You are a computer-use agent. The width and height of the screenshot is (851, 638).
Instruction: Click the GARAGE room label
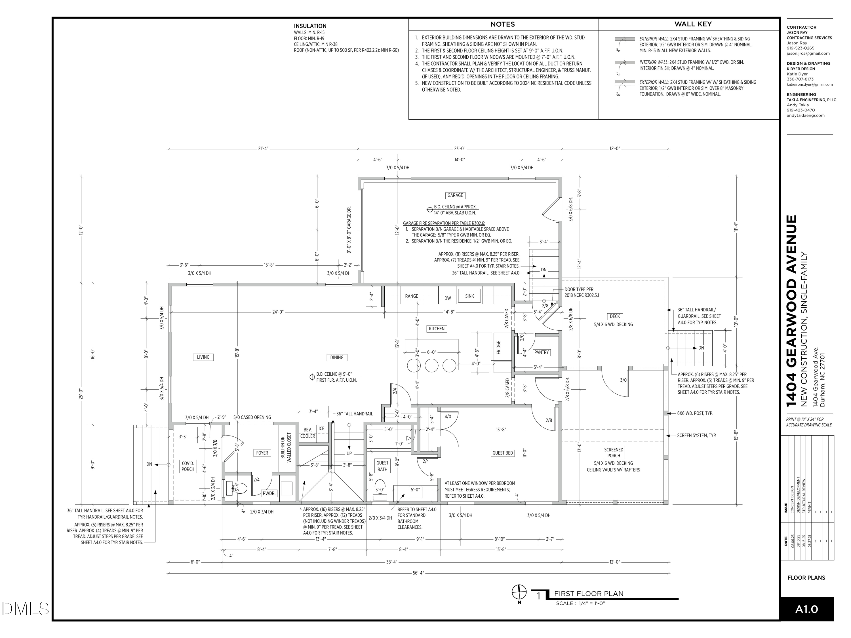455,195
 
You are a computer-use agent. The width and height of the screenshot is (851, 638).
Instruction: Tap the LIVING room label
203,357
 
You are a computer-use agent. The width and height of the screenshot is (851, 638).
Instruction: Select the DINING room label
337,357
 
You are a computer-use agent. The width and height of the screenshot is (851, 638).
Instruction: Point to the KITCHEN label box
437,329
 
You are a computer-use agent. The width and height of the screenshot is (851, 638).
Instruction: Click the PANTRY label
541,352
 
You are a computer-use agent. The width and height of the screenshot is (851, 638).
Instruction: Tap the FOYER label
262,453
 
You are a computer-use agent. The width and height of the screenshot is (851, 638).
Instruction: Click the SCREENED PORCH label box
614,453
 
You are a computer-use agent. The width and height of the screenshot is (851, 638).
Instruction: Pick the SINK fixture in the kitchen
469,296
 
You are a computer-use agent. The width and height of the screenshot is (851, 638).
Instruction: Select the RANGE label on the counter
411,296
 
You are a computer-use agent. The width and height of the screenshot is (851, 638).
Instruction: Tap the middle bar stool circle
432,365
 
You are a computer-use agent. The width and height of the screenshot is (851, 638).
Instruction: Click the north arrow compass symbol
519,593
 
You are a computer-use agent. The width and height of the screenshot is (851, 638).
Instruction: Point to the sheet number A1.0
807,609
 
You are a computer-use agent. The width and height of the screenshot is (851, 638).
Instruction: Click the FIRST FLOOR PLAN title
589,594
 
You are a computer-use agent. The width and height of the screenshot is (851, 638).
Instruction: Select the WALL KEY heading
693,24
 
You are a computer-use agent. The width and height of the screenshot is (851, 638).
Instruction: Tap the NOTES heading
502,24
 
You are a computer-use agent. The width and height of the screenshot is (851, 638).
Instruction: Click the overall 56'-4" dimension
418,573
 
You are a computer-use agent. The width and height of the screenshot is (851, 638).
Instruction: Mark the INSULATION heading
310,26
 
